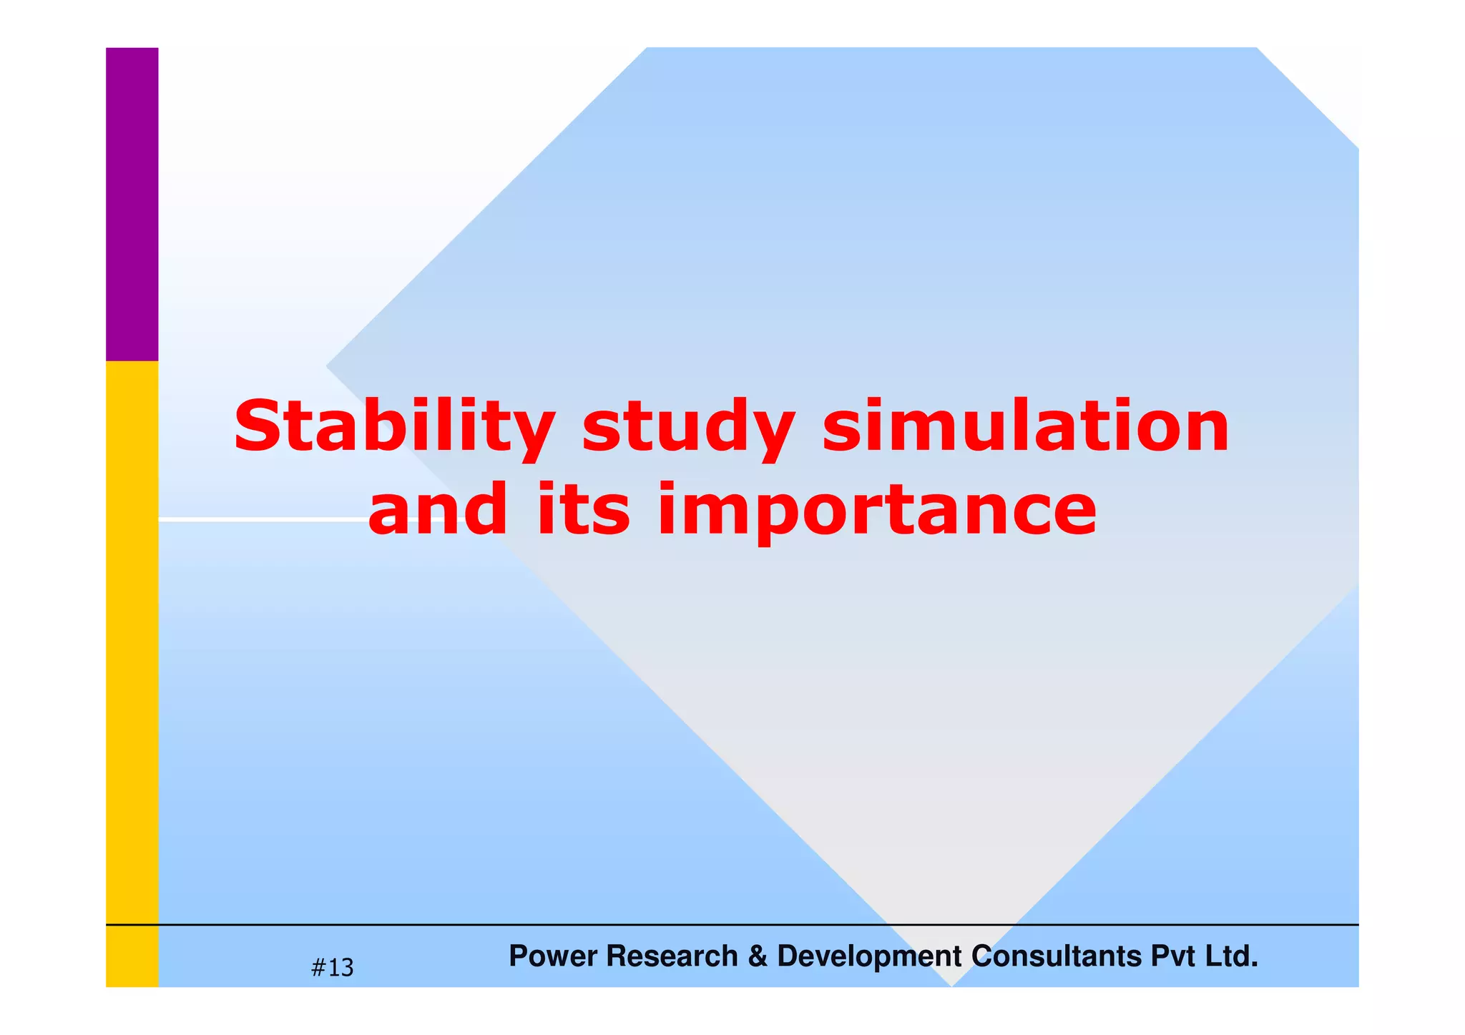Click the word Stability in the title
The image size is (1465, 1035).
click(x=393, y=428)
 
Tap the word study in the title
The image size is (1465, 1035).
click(x=688, y=428)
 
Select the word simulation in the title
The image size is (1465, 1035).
click(x=1026, y=428)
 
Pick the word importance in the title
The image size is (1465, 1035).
click(x=877, y=509)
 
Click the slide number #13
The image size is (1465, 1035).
click(x=333, y=968)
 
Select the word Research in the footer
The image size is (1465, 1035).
click(x=672, y=956)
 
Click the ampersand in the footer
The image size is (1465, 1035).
click(x=757, y=956)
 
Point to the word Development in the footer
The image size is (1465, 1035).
click(x=869, y=956)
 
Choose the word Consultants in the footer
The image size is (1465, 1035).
click(x=1057, y=956)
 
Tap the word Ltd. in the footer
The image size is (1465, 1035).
click(x=1231, y=956)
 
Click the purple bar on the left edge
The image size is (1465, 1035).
click(x=132, y=204)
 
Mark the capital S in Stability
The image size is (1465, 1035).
click(x=257, y=428)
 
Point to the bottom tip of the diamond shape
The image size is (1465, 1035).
click(x=951, y=984)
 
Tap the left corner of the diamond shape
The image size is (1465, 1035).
click(x=328, y=366)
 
